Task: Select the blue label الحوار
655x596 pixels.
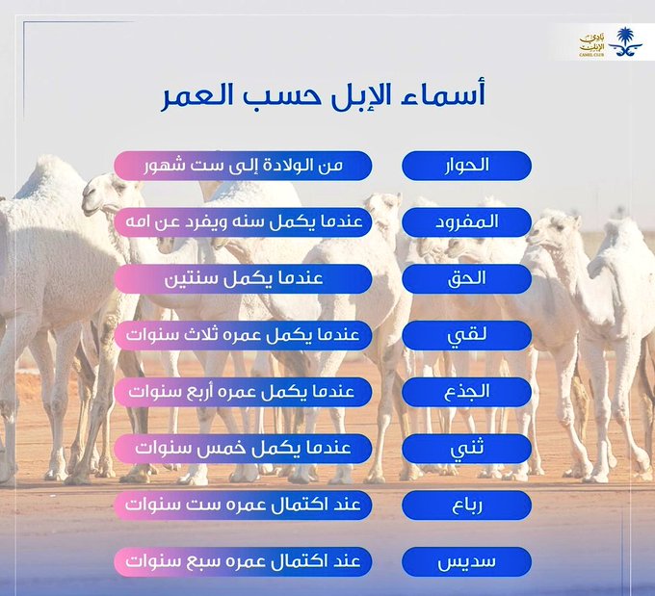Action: coord(466,165)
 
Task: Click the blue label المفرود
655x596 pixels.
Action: coord(466,221)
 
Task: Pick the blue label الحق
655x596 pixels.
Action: coord(466,278)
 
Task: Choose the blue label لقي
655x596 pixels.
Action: coord(466,335)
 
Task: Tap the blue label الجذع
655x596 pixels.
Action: coord(466,392)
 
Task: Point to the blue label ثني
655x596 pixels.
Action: coord(466,449)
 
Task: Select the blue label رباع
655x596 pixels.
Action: coord(466,505)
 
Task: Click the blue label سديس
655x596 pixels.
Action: coord(466,562)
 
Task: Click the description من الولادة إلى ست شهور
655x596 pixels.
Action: coord(243,165)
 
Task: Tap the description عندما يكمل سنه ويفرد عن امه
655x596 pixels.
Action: coord(243,221)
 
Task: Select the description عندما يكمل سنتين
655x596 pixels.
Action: coord(243,278)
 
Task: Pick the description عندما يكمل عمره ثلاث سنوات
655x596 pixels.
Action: coord(243,335)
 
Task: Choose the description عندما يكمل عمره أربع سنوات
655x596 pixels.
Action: coord(243,392)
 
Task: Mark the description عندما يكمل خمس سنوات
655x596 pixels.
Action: coord(243,449)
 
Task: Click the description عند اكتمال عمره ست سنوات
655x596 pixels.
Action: coord(243,505)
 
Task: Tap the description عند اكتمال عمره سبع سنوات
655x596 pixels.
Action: coord(243,562)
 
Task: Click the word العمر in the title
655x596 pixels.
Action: coord(196,97)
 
